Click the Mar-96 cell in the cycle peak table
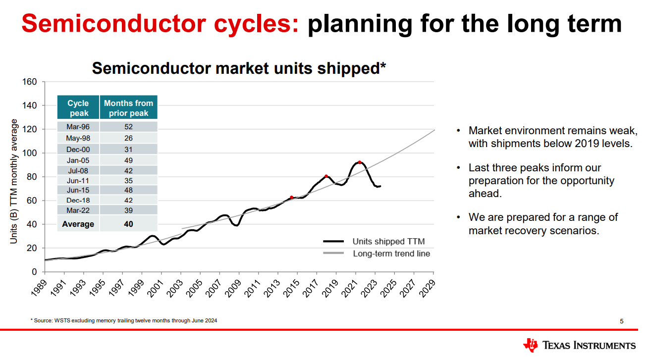(78, 127)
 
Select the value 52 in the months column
(128, 127)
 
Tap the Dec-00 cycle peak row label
(78, 149)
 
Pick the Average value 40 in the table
(128, 224)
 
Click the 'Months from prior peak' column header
(128, 108)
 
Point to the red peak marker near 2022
(359, 162)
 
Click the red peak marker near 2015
(291, 197)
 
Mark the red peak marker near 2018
(326, 176)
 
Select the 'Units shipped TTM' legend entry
(388, 242)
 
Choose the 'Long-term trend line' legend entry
(391, 254)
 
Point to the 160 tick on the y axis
(30, 82)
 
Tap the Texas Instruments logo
(579, 345)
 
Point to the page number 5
(622, 321)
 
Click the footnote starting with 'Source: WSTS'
(124, 321)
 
